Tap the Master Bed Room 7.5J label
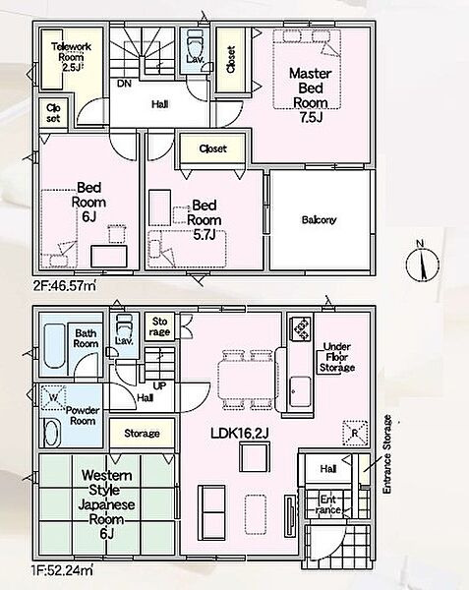311,94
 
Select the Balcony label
319,219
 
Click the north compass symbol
423,262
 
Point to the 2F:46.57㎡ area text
64,287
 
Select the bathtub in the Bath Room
54,345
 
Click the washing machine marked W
53,397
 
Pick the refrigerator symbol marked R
355,433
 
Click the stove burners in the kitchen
301,329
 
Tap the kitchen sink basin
301,391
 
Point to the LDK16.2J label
240,434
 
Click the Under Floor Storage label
337,357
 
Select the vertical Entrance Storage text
387,454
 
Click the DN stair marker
124,84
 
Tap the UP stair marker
159,385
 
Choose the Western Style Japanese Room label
107,504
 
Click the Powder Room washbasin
52,433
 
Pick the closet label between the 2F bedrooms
213,148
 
